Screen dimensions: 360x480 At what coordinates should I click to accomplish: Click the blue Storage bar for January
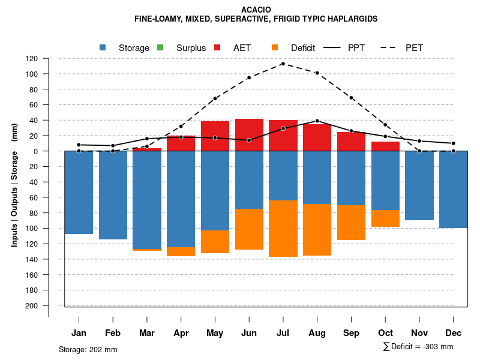pyautogui.click(x=79, y=192)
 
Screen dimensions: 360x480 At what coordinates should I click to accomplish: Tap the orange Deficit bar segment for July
pyautogui.click(x=283, y=229)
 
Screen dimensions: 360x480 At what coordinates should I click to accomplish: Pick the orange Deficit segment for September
pyautogui.click(x=352, y=223)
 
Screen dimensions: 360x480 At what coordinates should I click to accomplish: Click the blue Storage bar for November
pyautogui.click(x=419, y=185)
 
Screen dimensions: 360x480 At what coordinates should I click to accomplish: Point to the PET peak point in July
pyautogui.click(x=283, y=64)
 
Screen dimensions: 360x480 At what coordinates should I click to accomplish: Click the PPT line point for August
pyautogui.click(x=317, y=121)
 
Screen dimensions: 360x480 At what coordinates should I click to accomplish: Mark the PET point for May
pyautogui.click(x=215, y=98)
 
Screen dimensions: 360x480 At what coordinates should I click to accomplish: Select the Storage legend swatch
pyautogui.click(x=103, y=47)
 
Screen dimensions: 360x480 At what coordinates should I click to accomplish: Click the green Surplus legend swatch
pyautogui.click(x=160, y=47)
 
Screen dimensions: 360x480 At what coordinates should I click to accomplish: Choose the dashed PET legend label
pyautogui.click(x=415, y=48)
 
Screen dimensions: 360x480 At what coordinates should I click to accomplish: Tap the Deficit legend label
pyautogui.click(x=303, y=48)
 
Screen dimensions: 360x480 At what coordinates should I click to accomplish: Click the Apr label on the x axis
pyautogui.click(x=181, y=333)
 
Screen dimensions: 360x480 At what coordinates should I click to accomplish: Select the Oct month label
pyautogui.click(x=385, y=333)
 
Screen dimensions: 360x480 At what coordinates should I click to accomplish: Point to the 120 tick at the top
pyautogui.click(x=32, y=59)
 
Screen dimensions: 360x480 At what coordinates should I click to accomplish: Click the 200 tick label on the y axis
pyautogui.click(x=32, y=305)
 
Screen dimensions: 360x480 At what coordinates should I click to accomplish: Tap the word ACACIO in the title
pyautogui.click(x=256, y=10)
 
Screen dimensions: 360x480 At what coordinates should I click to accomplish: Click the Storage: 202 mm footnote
pyautogui.click(x=88, y=349)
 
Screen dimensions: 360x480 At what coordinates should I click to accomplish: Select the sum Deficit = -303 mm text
pyautogui.click(x=418, y=347)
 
